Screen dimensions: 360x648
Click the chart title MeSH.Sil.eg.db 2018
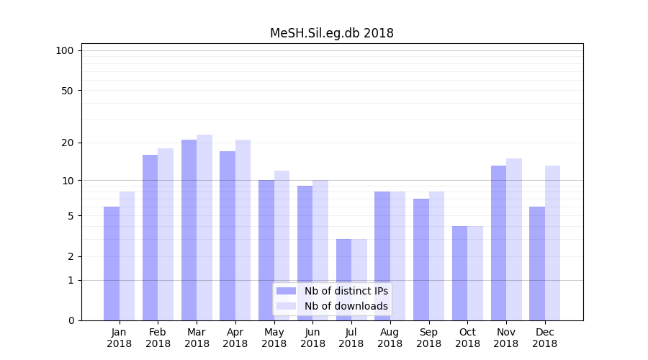click(331, 33)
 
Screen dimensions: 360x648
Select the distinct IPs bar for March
click(189, 230)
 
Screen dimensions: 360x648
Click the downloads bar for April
click(243, 230)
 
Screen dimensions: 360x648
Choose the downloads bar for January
click(127, 256)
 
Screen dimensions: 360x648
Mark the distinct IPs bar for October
click(459, 274)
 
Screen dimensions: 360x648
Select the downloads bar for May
click(282, 245)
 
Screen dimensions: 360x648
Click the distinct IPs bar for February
click(150, 238)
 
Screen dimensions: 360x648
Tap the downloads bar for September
click(436, 256)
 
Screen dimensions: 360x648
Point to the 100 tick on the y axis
click(65, 50)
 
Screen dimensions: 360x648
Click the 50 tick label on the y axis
click(67, 91)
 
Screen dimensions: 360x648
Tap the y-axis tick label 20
click(67, 143)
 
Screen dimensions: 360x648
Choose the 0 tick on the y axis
click(71, 320)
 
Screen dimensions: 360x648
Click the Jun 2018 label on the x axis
click(312, 338)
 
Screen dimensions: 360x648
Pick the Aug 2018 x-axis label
click(390, 338)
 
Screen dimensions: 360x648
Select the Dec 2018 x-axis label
click(544, 338)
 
